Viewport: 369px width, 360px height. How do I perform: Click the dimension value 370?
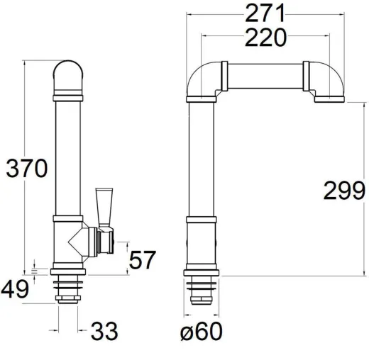click(27, 168)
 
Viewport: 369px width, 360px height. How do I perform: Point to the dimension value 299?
click(343, 191)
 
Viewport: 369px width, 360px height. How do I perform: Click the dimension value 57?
click(143, 261)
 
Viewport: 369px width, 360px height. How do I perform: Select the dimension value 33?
click(104, 330)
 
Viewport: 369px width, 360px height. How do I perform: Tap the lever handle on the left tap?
click(104, 206)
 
